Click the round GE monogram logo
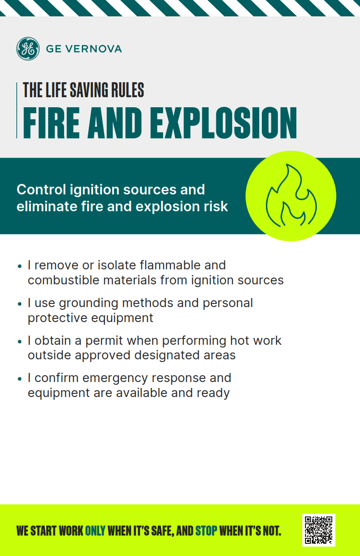[x=28, y=49]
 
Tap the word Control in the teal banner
[x=41, y=189]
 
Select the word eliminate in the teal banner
[x=47, y=206]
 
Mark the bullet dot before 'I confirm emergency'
[x=19, y=378]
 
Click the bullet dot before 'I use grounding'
[x=19, y=303]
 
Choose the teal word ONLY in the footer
[x=95, y=531]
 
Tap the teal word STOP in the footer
[x=206, y=531]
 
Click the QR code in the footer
[x=319, y=530]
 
